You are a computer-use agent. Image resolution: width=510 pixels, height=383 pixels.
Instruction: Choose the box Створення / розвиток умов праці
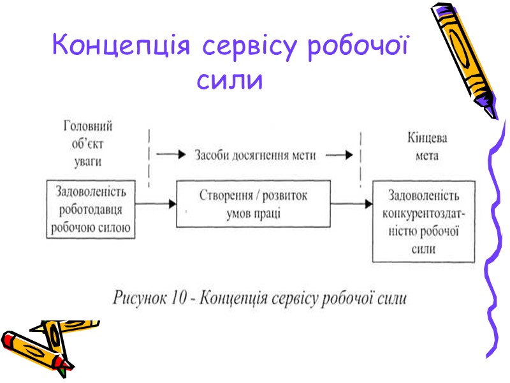tap(253, 204)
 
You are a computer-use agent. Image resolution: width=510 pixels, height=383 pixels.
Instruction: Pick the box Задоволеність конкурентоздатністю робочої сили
tap(424, 221)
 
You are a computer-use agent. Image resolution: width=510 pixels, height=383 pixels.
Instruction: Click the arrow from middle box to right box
tap(351, 204)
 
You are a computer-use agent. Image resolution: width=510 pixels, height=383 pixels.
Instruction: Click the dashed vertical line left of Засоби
tap(149, 156)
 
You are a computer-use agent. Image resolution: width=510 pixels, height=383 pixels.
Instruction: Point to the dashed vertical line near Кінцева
tap(361, 156)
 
